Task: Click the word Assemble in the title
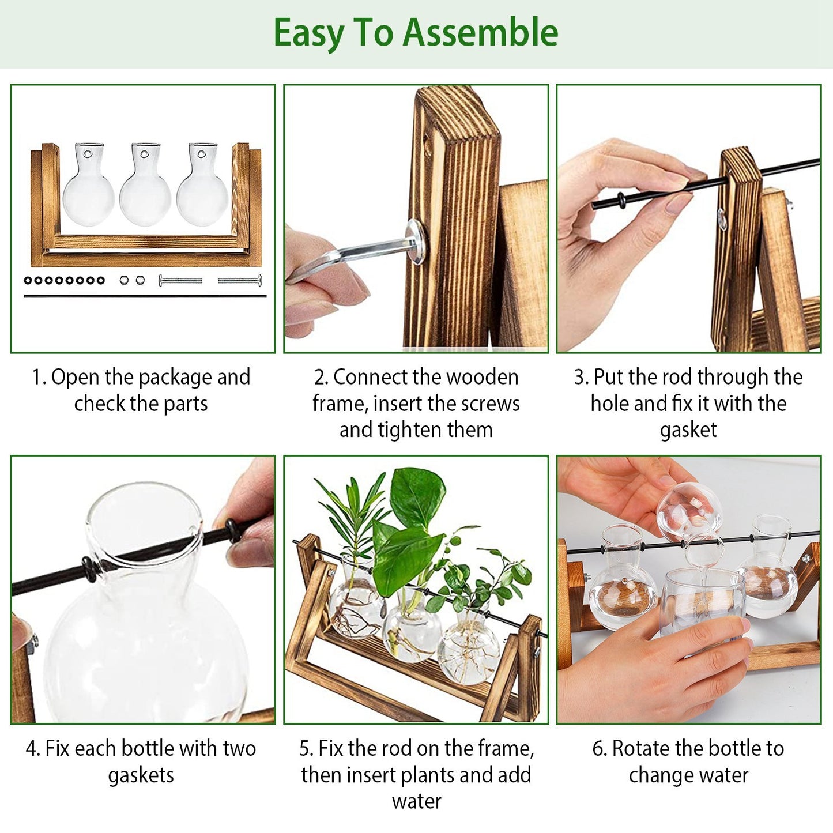point(480,32)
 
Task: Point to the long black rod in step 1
point(144,296)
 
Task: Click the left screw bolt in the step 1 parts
point(180,281)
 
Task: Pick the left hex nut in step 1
point(123,280)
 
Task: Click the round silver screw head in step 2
point(416,242)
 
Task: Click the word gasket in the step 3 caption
point(688,430)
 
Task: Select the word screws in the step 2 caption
point(491,404)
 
